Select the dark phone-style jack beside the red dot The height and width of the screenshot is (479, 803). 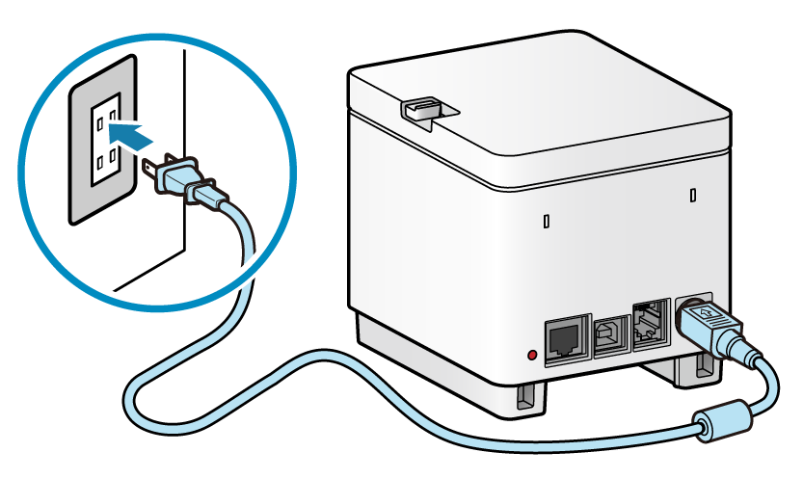tap(564, 339)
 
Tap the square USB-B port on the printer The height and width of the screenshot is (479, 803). tap(609, 335)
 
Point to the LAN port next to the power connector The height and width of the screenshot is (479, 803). tap(649, 323)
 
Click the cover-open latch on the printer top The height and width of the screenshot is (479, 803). tap(421, 109)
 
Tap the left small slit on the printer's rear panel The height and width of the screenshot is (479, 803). tap(547, 221)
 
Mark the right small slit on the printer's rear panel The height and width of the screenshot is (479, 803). tap(694, 196)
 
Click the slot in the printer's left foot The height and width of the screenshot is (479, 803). tap(526, 395)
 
